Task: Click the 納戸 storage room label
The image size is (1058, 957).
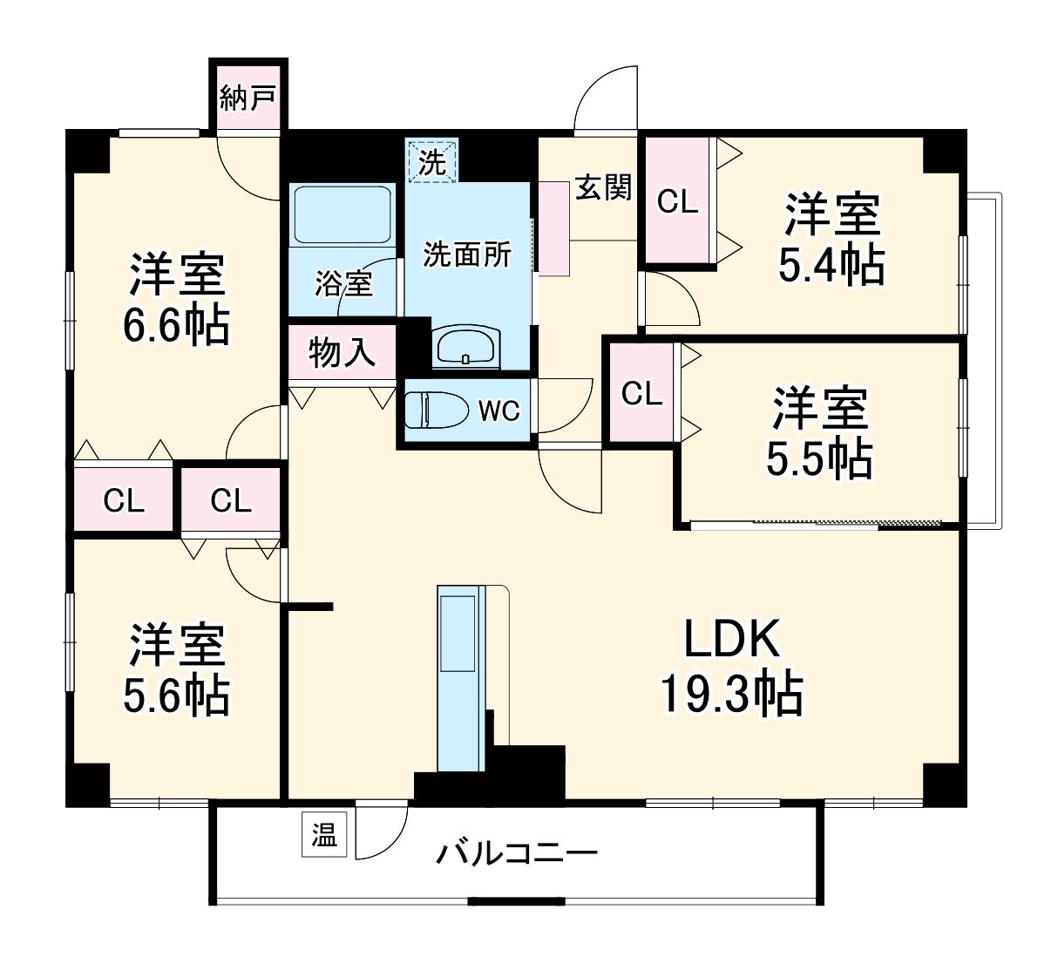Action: tap(248, 98)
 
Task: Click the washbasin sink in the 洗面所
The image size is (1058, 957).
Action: tap(466, 348)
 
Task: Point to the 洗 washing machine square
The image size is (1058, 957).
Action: tap(432, 161)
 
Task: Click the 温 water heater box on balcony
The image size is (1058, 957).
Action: tap(324, 837)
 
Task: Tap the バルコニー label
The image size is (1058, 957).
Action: tap(517, 852)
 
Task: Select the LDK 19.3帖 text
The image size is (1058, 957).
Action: tap(730, 667)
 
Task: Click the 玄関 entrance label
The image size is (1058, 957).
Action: tap(602, 187)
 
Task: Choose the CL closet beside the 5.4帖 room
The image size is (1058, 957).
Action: tap(677, 201)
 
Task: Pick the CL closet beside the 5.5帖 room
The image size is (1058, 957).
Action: tap(641, 393)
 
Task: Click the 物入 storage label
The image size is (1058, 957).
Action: tap(342, 353)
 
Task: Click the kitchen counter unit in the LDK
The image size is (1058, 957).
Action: tap(459, 678)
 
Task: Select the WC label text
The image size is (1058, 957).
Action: tap(498, 411)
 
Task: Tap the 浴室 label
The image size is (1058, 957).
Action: tap(343, 283)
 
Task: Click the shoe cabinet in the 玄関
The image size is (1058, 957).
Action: tap(553, 228)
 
